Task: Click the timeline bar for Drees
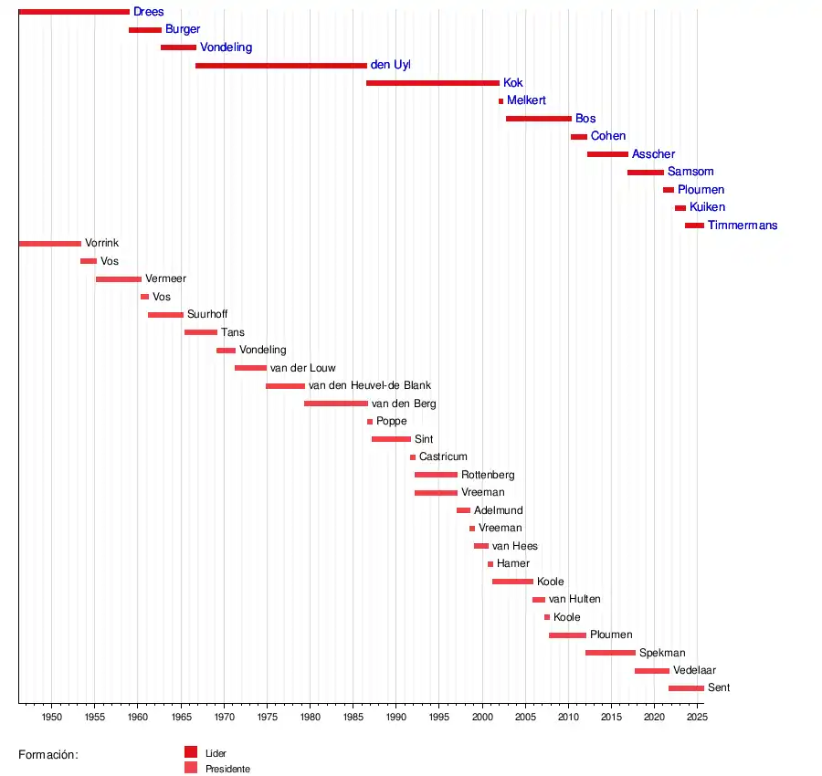73,12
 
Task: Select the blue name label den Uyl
390,65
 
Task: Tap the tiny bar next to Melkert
501,101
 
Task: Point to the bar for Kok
433,83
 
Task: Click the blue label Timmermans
743,225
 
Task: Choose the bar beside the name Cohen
579,137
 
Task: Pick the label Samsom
690,172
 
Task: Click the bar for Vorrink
49,244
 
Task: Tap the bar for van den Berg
336,404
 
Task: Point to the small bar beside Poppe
370,422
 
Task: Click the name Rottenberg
488,475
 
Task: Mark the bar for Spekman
610,653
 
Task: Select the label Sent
719,688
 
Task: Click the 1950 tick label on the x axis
51,718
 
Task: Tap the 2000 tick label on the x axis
482,718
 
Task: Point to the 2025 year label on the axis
698,718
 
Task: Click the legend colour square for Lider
191,752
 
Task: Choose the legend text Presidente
227,769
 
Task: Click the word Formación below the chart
48,755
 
